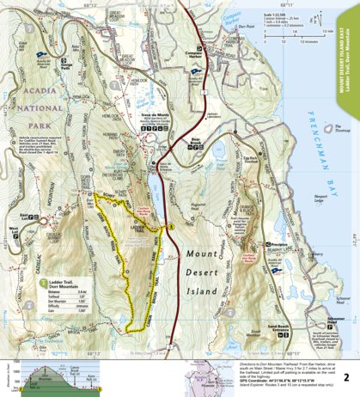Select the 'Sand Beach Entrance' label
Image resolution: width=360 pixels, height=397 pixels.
point(260,330)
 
